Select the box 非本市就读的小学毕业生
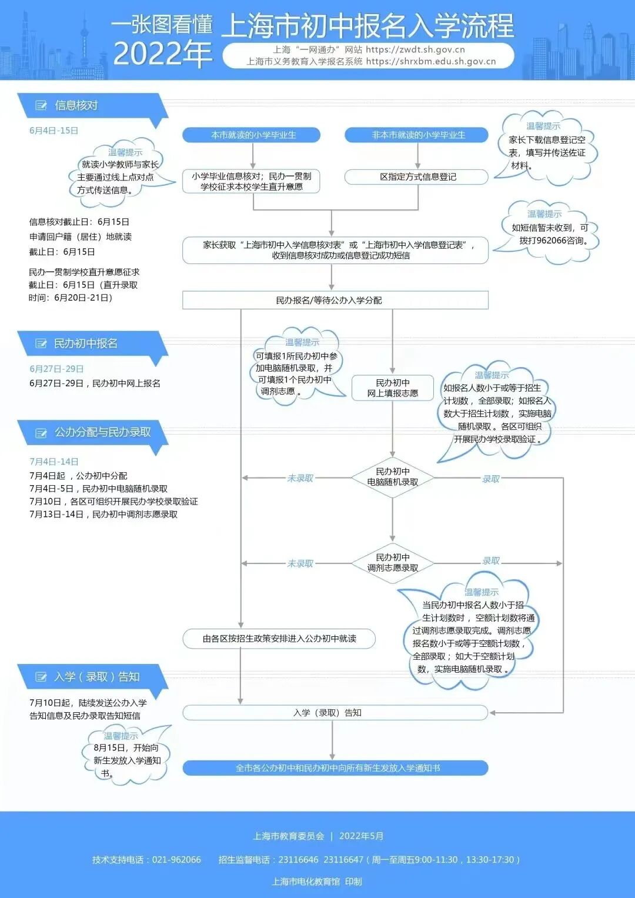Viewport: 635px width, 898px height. pos(417,135)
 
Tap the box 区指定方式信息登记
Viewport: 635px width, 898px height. pos(417,177)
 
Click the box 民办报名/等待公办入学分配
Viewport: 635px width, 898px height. pos(335,301)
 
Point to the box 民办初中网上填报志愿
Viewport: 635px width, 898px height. pos(393,388)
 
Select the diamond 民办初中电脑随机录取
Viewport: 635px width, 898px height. pos(393,477)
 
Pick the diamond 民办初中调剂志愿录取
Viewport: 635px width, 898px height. pos(393,563)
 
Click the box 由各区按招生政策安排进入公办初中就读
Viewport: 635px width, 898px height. pos(279,639)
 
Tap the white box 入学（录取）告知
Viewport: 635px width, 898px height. pos(335,713)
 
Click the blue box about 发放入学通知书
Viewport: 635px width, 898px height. pos(335,768)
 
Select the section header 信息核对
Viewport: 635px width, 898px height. pos(76,106)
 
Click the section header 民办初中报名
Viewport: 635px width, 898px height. pos(86,343)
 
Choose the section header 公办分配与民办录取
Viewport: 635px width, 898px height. pos(102,432)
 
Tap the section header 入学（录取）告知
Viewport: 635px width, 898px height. pos(96,677)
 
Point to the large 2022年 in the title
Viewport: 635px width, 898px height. pos(162,54)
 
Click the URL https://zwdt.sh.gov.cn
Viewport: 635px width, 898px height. pos(415,49)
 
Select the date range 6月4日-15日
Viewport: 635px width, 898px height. pos(54,131)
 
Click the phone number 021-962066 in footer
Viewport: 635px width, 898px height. pos(176,860)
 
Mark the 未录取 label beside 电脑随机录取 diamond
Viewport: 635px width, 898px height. pos(300,478)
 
